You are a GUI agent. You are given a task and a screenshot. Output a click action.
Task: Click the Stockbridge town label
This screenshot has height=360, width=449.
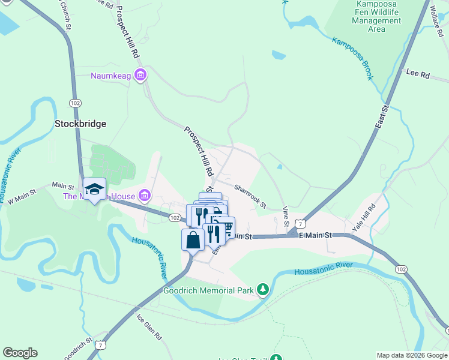(80, 124)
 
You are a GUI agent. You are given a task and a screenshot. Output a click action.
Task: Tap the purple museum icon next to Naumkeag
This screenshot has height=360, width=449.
(140, 75)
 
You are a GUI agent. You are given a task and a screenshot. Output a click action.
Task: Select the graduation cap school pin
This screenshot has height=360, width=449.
(94, 190)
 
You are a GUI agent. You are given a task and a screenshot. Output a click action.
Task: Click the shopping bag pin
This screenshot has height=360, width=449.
(193, 240)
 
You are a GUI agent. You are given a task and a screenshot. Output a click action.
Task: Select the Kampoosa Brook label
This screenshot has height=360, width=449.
(353, 59)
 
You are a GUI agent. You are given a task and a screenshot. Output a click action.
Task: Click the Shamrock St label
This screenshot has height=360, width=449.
(250, 197)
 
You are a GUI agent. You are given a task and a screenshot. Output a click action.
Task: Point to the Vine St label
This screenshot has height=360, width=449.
(286, 217)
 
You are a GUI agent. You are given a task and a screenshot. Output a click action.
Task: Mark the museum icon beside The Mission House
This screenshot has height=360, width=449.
(143, 196)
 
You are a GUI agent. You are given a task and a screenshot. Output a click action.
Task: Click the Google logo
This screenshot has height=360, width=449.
(20, 353)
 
